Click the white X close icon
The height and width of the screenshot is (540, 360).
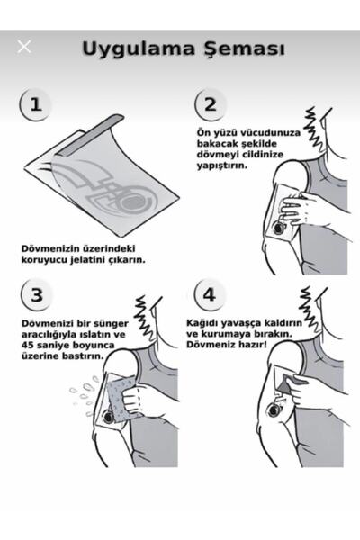23,47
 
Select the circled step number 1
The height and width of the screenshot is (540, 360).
35,104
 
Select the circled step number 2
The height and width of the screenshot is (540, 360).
210,104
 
